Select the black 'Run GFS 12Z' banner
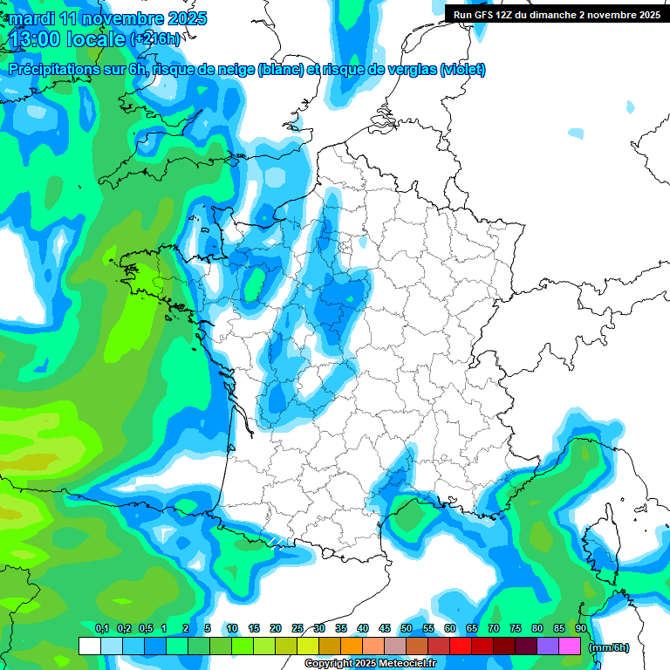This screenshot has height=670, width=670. coord(557,14)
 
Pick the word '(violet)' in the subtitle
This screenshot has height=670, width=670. coord(463,70)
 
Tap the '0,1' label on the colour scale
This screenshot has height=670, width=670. coord(101,629)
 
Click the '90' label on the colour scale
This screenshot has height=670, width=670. coord(581,629)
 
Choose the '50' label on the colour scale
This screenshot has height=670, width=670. coord(407,629)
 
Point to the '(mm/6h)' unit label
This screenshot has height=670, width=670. coord(609,647)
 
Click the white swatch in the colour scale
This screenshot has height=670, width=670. coord(90,646)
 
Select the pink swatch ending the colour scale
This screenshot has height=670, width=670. coord(570,646)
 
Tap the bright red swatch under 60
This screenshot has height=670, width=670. coord(461,646)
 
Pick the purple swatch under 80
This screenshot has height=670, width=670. coord(548,646)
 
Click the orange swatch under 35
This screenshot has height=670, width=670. coord(352,646)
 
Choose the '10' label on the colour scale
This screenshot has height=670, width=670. coord(232,629)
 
